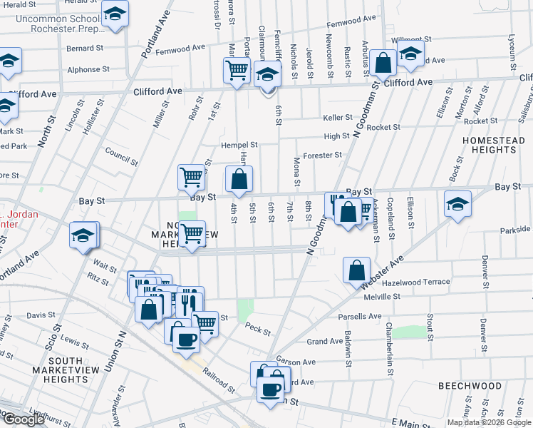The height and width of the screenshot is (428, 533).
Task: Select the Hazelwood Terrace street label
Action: click(x=417, y=282)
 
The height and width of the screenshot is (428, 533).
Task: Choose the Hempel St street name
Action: click(x=239, y=144)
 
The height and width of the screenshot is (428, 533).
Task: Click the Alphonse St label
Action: click(x=87, y=70)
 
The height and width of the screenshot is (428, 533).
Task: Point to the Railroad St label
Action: click(x=218, y=381)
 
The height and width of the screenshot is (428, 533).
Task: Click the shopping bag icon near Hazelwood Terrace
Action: click(x=356, y=271)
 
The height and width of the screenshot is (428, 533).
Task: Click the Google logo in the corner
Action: click(x=23, y=419)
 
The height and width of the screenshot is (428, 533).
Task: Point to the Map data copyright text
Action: click(x=490, y=422)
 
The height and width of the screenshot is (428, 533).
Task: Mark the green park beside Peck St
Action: click(x=245, y=310)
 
